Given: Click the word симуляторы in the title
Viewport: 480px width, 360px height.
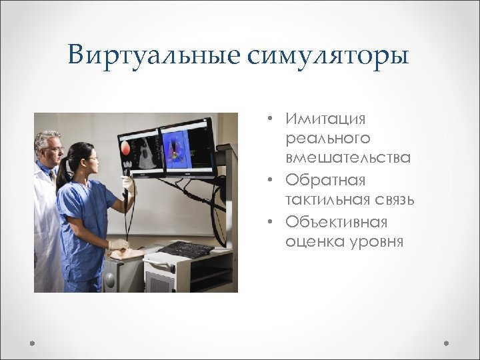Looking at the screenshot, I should coord(328,55).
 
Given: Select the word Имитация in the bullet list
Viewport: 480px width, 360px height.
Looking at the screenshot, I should coord(326,119).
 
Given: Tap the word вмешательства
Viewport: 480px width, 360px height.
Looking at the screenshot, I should coord(347,158).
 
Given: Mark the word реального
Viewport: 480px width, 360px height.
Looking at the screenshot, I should coord(327,138).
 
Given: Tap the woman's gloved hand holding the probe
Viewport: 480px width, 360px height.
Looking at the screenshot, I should coord(127,184).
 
